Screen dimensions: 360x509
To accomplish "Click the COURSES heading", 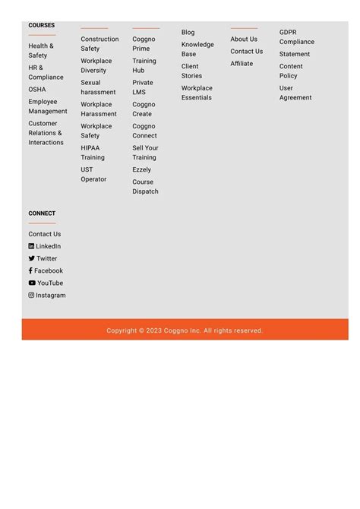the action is pyautogui.click(x=42, y=25).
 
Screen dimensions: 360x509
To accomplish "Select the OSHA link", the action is pyautogui.click(x=37, y=90).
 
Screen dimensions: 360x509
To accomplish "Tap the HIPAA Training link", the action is pyautogui.click(x=93, y=153).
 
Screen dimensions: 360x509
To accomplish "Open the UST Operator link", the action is pyautogui.click(x=93, y=175).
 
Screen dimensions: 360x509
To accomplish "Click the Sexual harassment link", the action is pyautogui.click(x=98, y=87).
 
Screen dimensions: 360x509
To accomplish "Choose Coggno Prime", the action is pyautogui.click(x=144, y=44).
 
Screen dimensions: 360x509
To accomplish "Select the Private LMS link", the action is pyautogui.click(x=143, y=87).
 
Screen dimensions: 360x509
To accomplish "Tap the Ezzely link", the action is pyautogui.click(x=142, y=170).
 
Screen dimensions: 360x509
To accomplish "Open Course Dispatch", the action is pyautogui.click(x=145, y=187).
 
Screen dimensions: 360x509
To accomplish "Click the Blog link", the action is pyautogui.click(x=188, y=33).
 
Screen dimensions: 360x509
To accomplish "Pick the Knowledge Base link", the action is pyautogui.click(x=197, y=49).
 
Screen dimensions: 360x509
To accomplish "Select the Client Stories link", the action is pyautogui.click(x=191, y=71).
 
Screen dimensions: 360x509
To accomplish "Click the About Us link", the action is pyautogui.click(x=244, y=40).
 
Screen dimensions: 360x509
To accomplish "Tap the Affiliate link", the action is pyautogui.click(x=242, y=64).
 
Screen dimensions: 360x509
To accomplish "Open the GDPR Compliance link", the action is pyautogui.click(x=296, y=37).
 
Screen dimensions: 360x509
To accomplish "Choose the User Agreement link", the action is pyautogui.click(x=295, y=93).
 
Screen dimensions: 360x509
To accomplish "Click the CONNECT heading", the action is pyautogui.click(x=42, y=213).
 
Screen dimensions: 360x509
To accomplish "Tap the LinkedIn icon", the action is pyautogui.click(x=32, y=247).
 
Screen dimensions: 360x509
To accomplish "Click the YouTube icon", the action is pyautogui.click(x=32, y=283).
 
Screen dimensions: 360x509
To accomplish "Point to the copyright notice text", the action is pyautogui.click(x=185, y=330).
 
